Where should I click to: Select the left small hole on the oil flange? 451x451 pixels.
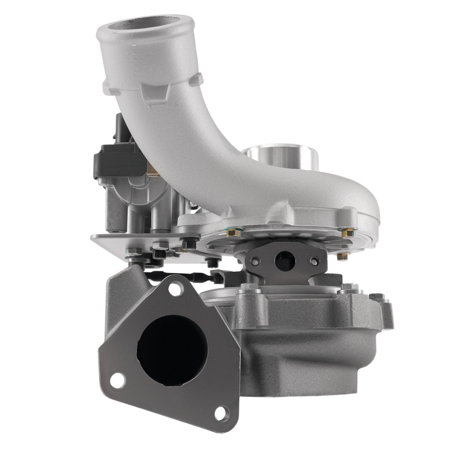click(x=256, y=261)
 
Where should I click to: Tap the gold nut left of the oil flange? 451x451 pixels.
click(x=232, y=234)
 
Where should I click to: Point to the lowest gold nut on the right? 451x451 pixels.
click(x=343, y=256)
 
